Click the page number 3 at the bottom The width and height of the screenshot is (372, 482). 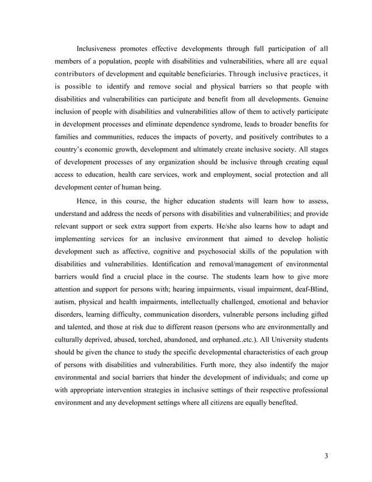tap(327, 456)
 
